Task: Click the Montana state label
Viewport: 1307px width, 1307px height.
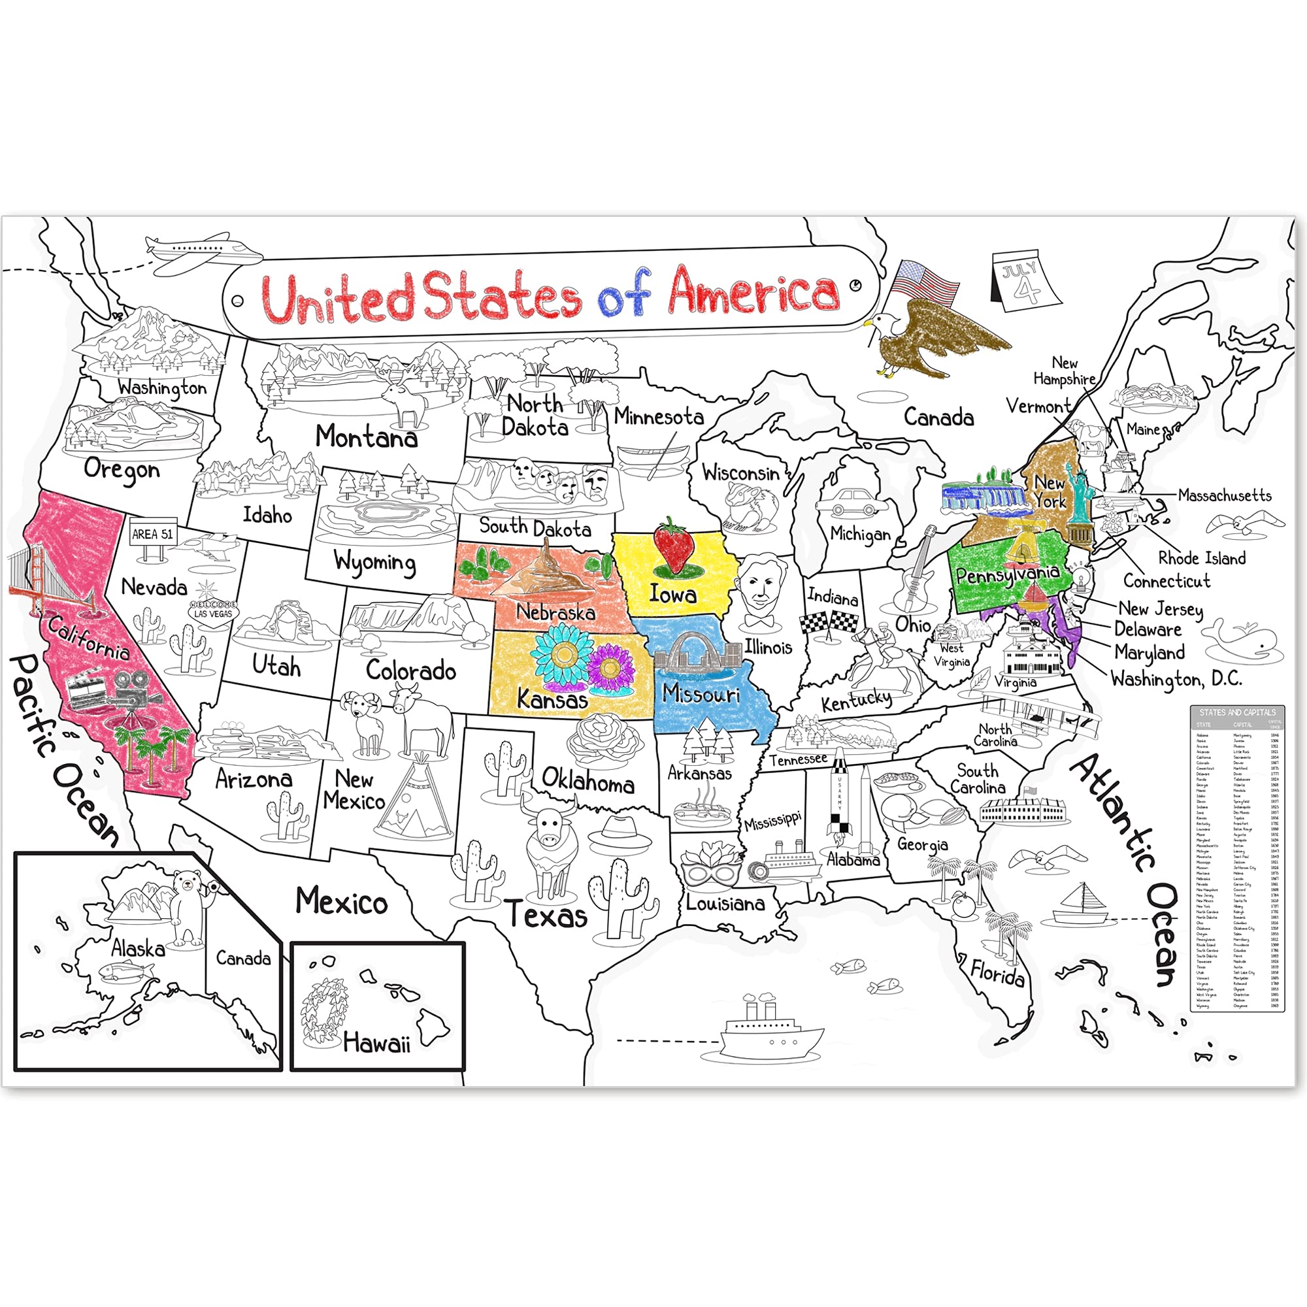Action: point(366,437)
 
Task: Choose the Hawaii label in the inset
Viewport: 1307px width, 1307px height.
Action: point(376,1042)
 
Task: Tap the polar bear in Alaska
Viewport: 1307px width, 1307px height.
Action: point(189,906)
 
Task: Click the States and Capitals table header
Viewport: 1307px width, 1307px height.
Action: point(1236,712)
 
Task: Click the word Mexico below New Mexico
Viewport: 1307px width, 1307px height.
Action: point(342,902)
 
